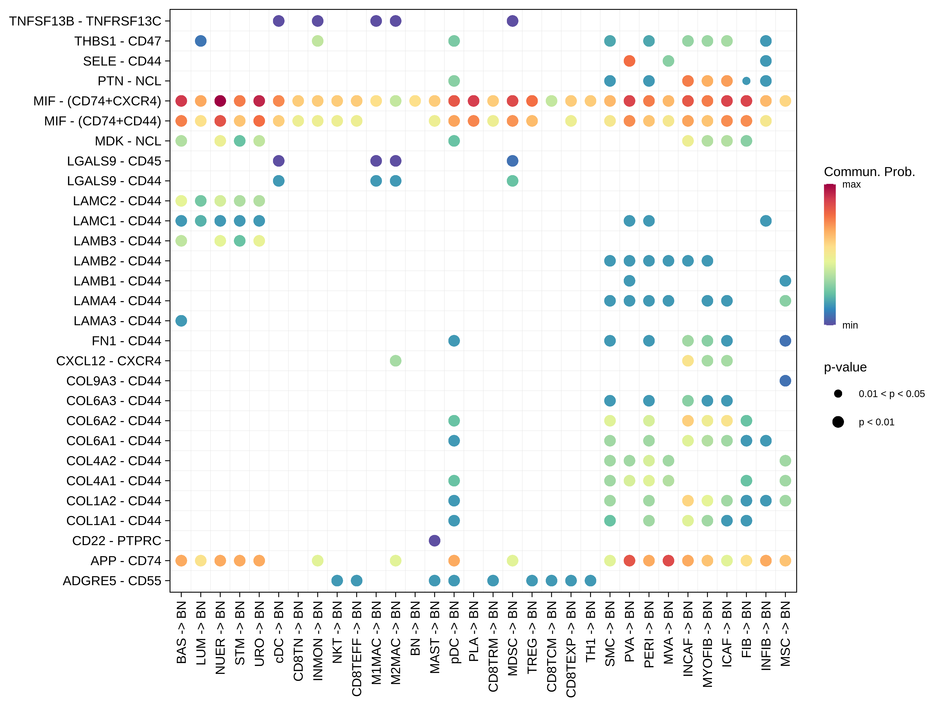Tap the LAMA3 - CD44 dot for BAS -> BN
click(x=181, y=321)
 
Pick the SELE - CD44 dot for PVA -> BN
click(x=629, y=61)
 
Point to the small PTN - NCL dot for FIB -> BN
click(x=746, y=81)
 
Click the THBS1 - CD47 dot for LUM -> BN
click(x=201, y=41)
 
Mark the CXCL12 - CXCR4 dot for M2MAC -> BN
click(x=396, y=361)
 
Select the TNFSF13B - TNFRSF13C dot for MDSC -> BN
click(x=513, y=21)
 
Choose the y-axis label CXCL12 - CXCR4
click(x=109, y=361)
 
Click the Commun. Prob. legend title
click(x=869, y=172)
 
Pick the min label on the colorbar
click(x=850, y=325)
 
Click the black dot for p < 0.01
click(x=838, y=422)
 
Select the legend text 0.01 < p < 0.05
click(x=891, y=394)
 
